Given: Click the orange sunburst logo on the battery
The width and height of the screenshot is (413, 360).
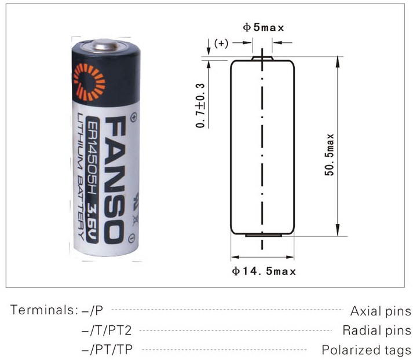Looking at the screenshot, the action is click(x=89, y=83).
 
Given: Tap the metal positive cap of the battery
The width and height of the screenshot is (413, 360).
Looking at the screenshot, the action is click(x=106, y=45).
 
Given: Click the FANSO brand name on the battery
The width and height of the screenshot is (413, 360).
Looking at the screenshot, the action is click(x=115, y=180).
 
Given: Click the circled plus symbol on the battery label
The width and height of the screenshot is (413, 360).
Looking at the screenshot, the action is click(x=134, y=117).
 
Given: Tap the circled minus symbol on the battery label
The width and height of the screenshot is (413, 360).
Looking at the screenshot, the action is click(x=132, y=238).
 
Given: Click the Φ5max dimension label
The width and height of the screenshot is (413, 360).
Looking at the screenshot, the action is click(x=263, y=27).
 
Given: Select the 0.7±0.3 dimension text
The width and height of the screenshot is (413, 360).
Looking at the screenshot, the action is click(x=200, y=105).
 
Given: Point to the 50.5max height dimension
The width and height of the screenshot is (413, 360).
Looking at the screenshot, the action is click(x=329, y=155).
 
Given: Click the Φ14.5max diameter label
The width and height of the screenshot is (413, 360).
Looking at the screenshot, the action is click(x=264, y=271).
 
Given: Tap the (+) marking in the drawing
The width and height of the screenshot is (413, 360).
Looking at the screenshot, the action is click(x=221, y=43).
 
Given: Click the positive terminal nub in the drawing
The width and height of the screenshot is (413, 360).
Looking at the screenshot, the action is click(x=262, y=58).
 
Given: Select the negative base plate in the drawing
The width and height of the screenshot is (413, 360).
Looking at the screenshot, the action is click(x=264, y=235).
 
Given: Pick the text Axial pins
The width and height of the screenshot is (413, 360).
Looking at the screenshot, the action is click(x=381, y=311).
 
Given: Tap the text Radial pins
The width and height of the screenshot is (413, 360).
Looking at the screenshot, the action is click(x=377, y=330).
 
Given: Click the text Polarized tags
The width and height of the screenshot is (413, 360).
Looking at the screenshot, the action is click(x=367, y=350).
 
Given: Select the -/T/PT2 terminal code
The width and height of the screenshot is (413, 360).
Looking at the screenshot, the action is click(x=107, y=330).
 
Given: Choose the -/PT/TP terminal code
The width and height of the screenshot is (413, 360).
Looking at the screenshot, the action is click(x=107, y=350).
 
